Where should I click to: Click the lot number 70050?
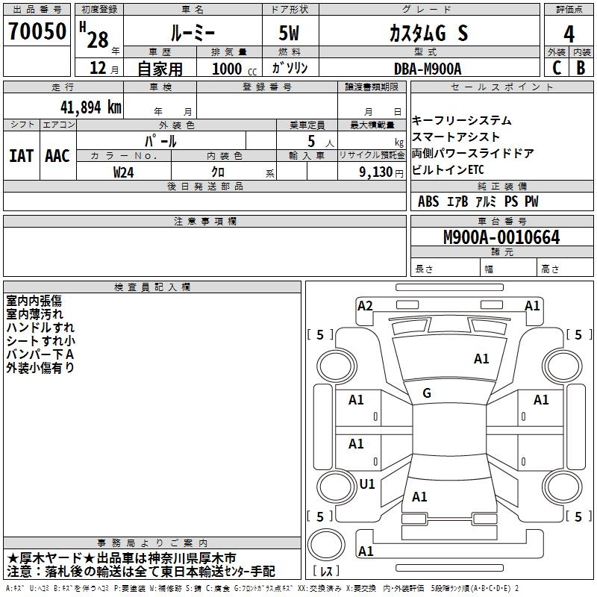(37, 32)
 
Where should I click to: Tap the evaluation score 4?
(569, 34)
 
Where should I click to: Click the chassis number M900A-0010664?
(501, 238)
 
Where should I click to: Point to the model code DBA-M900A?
(428, 68)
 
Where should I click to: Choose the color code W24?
(124, 172)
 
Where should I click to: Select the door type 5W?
(290, 34)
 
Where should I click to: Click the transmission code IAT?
(21, 156)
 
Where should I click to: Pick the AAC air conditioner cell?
(57, 156)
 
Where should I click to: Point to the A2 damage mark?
(365, 305)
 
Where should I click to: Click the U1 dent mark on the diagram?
(367, 484)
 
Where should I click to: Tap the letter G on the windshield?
(427, 393)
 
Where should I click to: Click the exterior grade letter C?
(556, 68)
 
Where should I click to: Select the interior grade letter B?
(581, 68)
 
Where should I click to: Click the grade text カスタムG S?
(429, 34)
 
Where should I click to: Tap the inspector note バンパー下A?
(40, 354)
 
